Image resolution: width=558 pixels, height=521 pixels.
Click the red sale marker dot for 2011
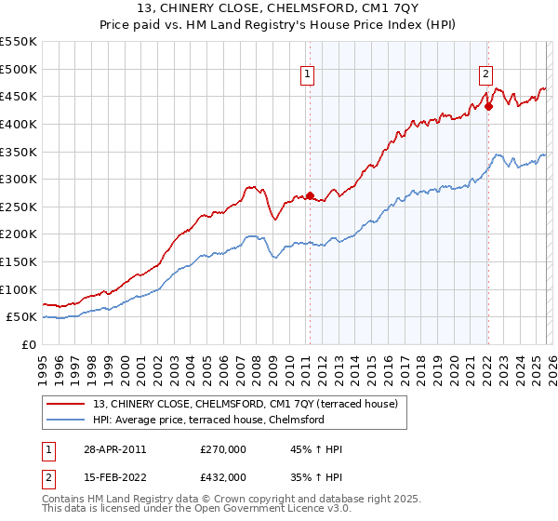point(310,196)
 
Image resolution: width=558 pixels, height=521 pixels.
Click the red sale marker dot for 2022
point(487,106)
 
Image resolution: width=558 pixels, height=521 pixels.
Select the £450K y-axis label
point(20,96)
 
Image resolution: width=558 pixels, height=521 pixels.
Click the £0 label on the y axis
point(29,344)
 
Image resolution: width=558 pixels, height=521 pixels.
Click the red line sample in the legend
point(67,404)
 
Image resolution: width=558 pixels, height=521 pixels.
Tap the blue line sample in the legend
point(67,420)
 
